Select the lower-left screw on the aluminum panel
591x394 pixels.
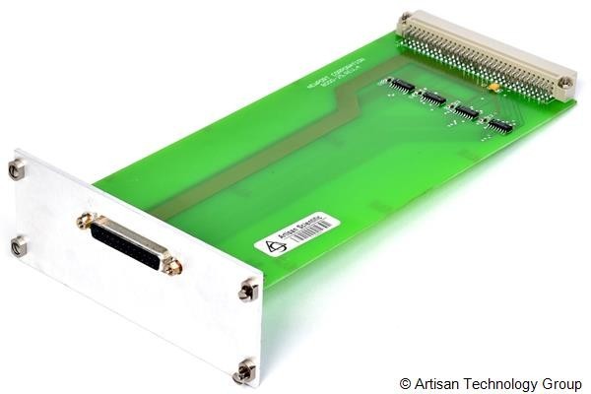(x=17, y=246)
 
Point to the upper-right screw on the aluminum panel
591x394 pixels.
(x=247, y=291)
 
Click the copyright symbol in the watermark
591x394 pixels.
(x=405, y=381)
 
